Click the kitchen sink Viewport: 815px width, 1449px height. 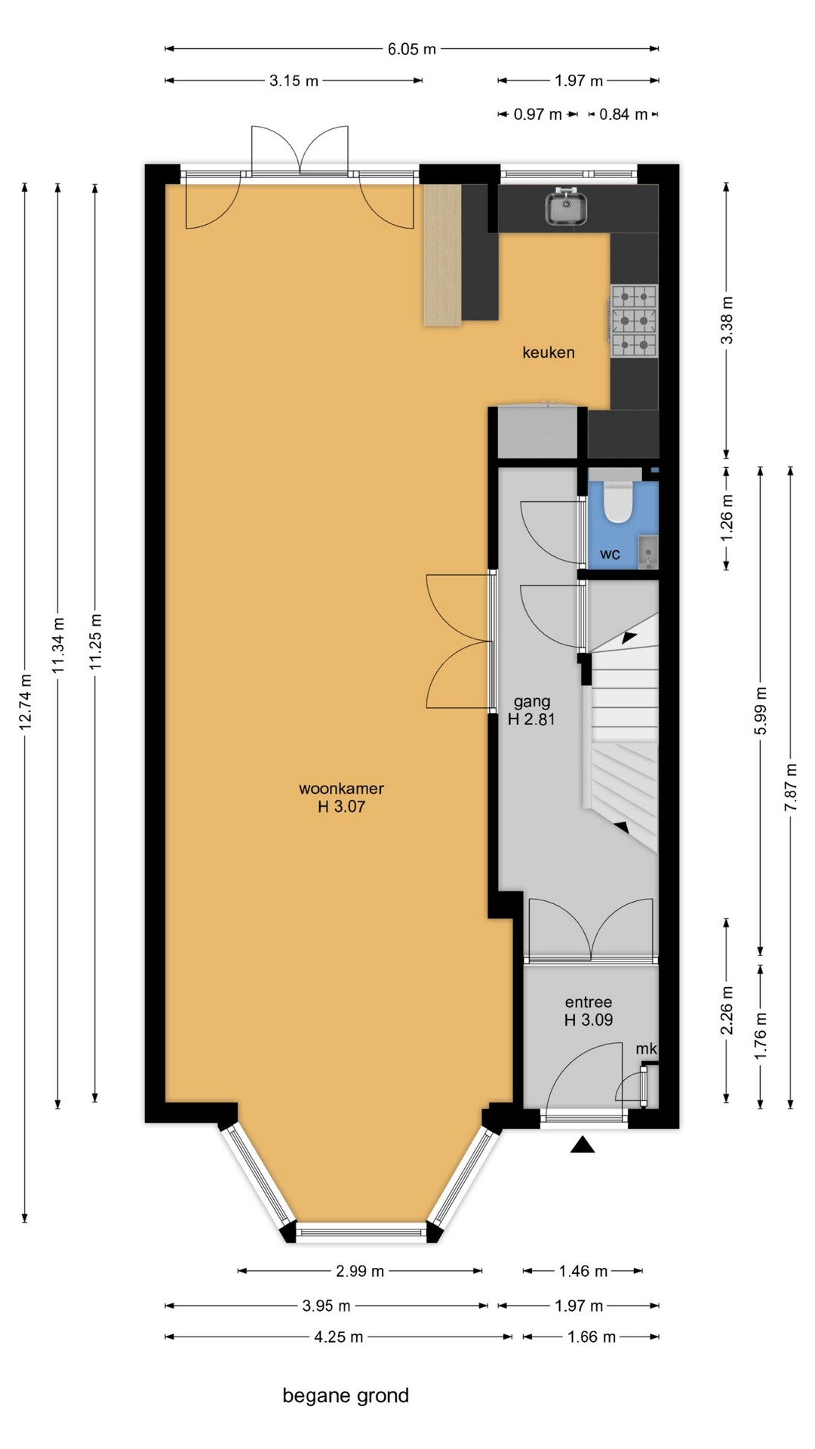(x=567, y=206)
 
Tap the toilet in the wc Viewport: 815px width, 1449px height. (x=618, y=502)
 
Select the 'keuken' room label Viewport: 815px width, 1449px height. (x=549, y=352)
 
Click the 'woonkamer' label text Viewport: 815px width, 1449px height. (x=341, y=789)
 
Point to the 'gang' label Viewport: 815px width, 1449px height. (x=532, y=702)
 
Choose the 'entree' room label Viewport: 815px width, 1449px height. (x=589, y=1002)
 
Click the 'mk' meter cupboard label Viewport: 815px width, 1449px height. (x=647, y=1049)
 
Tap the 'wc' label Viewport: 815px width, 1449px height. (x=610, y=555)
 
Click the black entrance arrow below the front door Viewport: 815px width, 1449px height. (x=583, y=1145)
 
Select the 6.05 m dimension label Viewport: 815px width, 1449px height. (x=412, y=49)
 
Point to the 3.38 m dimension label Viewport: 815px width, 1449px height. (x=727, y=320)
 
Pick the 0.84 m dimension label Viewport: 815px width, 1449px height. (x=623, y=115)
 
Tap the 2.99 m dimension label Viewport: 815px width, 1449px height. (x=360, y=1271)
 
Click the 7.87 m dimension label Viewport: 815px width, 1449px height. (x=790, y=787)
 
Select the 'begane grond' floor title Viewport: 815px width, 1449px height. (x=346, y=1395)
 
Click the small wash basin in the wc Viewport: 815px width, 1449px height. (x=648, y=551)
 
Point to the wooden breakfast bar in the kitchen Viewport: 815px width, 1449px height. (x=442, y=255)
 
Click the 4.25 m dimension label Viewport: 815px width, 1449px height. (x=339, y=1337)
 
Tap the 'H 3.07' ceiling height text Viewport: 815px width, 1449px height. (x=341, y=807)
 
